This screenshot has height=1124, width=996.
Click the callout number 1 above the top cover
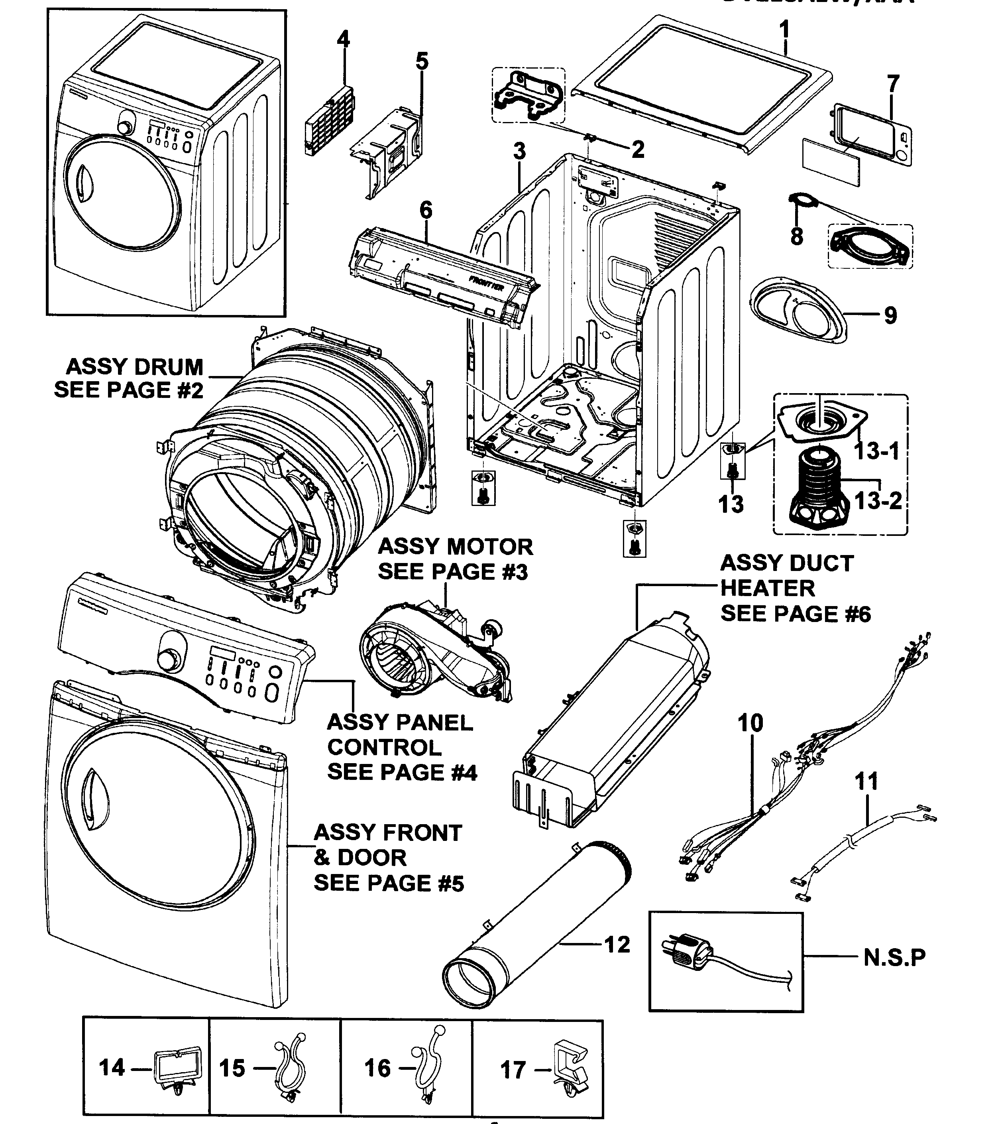point(784,29)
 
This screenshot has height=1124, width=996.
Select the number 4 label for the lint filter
point(343,39)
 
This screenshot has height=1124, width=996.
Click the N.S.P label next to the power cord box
point(894,957)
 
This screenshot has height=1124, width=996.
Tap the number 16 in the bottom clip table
point(377,1069)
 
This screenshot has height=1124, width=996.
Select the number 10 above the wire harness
point(750,723)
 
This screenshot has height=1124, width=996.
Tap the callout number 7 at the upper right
point(893,84)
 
